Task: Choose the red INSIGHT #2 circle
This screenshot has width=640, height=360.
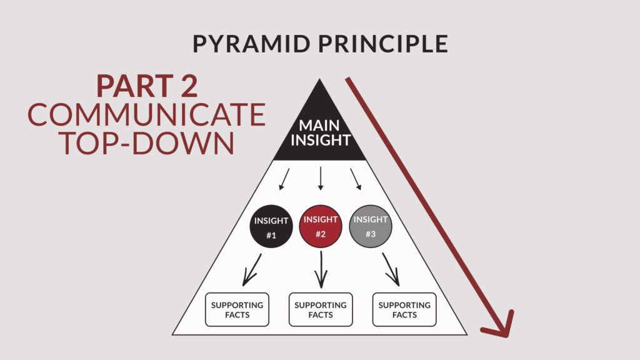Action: [x=321, y=226]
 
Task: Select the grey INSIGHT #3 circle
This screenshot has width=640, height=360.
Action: [x=371, y=226]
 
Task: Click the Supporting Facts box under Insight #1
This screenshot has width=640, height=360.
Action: [x=237, y=309]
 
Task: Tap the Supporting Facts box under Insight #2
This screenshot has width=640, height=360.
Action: [x=321, y=309]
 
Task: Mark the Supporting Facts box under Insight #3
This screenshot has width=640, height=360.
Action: [x=404, y=309]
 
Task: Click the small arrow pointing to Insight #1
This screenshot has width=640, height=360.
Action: [x=285, y=179]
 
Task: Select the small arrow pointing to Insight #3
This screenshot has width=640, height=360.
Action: [x=356, y=179]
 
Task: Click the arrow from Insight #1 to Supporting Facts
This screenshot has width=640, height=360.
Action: [x=254, y=270]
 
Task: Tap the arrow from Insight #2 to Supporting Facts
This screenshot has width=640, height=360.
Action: [x=321, y=270]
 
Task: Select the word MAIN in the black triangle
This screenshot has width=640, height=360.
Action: [x=319, y=126]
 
